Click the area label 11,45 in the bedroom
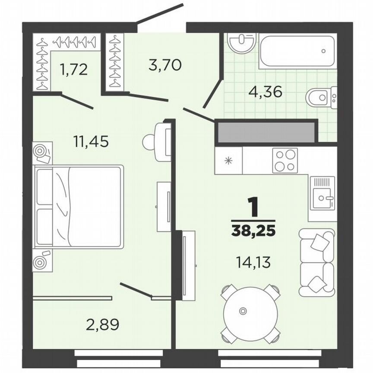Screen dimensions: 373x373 [x=91, y=141]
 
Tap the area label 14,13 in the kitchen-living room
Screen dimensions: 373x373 [x=253, y=262]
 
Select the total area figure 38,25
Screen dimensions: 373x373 [x=253, y=231]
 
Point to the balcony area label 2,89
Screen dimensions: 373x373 [x=102, y=325]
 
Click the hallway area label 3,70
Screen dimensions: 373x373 [x=165, y=65]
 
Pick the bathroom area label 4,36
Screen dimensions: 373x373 [x=265, y=92]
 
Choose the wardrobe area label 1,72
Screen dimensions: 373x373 [x=74, y=70]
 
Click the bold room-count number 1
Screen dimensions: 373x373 [x=253, y=207]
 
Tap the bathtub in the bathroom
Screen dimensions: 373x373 [x=298, y=51]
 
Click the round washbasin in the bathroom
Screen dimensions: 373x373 [x=242, y=42]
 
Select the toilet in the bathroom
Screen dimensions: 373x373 [x=321, y=98]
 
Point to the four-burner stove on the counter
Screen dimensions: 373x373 [x=285, y=161]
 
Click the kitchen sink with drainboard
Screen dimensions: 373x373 [x=322, y=193]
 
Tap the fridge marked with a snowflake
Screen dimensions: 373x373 [x=229, y=161]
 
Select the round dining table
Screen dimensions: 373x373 [x=250, y=311]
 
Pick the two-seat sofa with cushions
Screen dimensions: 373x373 [x=317, y=262]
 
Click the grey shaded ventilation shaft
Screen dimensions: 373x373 [x=266, y=133]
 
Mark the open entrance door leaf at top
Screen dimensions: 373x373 [x=160, y=13]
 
